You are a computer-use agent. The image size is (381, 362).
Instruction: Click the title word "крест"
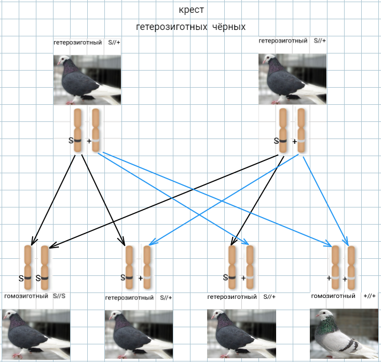pos(192,10)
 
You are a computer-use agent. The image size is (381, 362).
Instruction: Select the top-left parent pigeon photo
pos(87,79)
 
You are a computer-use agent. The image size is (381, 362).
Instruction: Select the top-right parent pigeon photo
pos(292,79)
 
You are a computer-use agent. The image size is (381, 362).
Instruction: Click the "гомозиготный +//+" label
pos(344,296)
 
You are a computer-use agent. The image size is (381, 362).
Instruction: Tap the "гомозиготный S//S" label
pos(35,296)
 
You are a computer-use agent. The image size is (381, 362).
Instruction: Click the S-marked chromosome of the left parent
pos(78,132)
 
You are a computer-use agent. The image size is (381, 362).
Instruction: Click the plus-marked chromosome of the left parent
pos(96,132)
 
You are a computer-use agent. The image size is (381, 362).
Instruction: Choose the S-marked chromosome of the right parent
pos(284,132)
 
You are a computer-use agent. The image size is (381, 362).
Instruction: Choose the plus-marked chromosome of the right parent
pos(301,132)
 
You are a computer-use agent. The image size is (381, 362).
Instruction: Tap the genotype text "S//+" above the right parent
pos(319,41)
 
